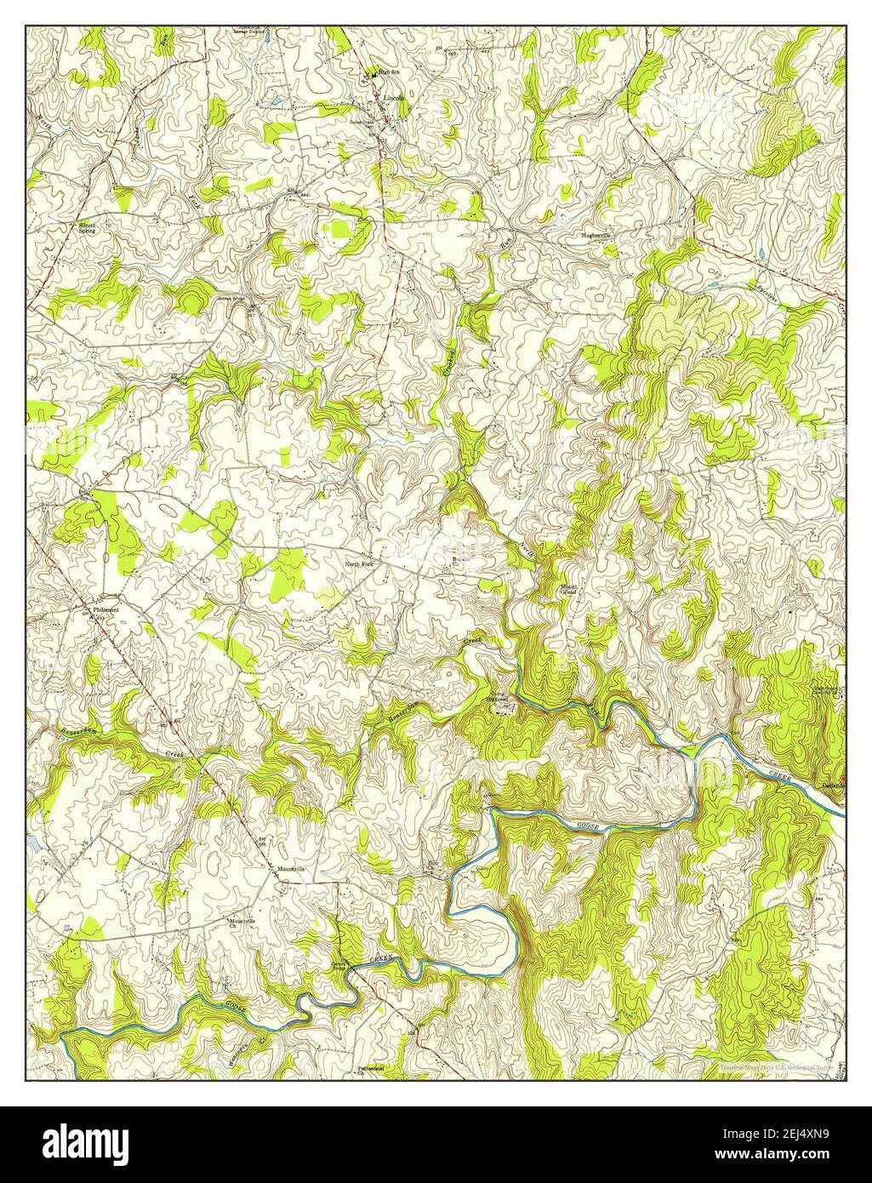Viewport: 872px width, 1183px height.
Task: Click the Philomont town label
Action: coord(106,610)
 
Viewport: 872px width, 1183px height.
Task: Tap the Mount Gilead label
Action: coord(569,590)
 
